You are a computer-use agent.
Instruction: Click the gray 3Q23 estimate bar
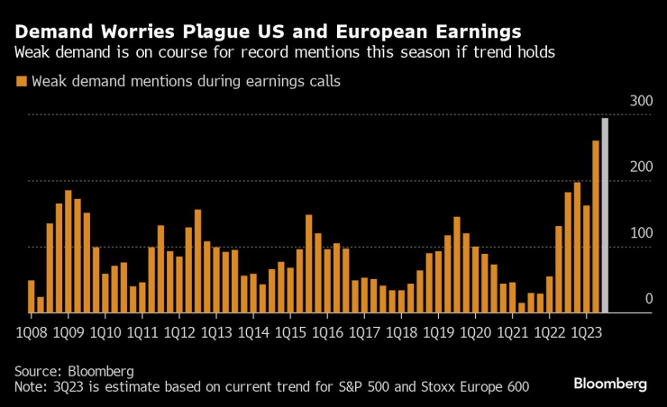pyautogui.click(x=605, y=216)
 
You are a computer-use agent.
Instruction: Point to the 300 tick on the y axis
pyautogui.click(x=640, y=102)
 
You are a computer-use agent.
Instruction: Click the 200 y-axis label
pyautogui.click(x=640, y=167)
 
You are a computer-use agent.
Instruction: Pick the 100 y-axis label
pyautogui.click(x=640, y=233)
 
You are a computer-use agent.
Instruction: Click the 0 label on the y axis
pyautogui.click(x=648, y=299)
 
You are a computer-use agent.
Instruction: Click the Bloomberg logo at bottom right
pyautogui.click(x=610, y=384)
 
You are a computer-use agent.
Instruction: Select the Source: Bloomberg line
pyautogui.click(x=74, y=371)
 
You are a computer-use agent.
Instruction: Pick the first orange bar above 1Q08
pyautogui.click(x=32, y=296)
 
